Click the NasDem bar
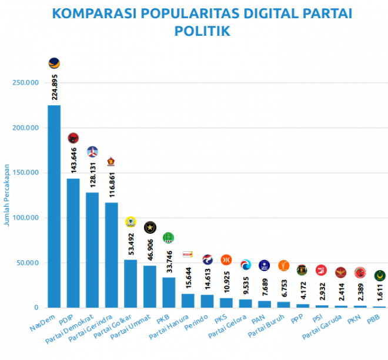(x=54, y=206)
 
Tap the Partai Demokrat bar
(x=92, y=250)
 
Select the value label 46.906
(x=150, y=248)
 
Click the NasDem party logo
(x=54, y=63)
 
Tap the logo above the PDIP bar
(x=73, y=139)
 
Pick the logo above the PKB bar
(x=169, y=237)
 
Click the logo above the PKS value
(x=226, y=260)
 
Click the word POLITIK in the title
(x=202, y=31)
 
